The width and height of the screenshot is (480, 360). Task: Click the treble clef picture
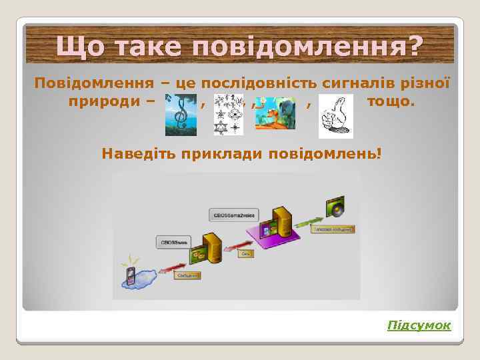tap(180, 114)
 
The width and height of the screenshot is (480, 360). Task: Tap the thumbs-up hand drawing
tap(336, 114)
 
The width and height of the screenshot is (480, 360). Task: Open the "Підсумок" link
tap(419, 325)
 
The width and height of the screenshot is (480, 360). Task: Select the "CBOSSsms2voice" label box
tap(231, 214)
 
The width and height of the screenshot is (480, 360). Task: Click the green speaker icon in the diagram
tap(335, 206)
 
